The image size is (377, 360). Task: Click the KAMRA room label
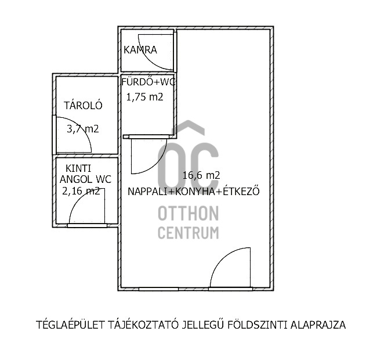click(140, 50)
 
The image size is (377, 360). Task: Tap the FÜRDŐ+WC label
click(148, 82)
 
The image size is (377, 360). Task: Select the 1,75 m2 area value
click(145, 97)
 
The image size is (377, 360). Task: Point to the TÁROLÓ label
click(83, 106)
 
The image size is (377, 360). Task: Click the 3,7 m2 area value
click(83, 129)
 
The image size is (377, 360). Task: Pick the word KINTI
click(78, 168)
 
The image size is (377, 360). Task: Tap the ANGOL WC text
click(86, 179)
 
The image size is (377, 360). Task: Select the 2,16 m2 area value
click(81, 191)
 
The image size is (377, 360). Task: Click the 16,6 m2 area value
click(201, 175)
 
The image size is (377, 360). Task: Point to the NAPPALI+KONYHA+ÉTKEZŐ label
click(194, 192)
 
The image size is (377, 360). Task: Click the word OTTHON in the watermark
click(188, 214)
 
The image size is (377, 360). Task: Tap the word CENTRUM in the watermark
click(188, 233)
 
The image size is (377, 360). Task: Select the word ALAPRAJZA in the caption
click(318, 325)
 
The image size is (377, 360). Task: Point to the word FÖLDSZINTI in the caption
click(257, 325)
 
